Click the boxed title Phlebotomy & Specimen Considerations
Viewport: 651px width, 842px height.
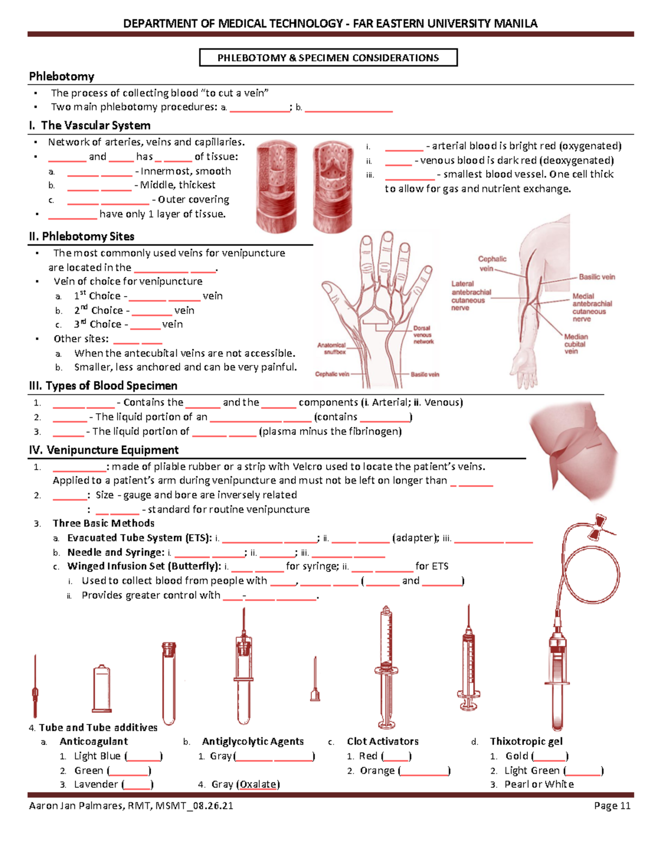pyautogui.click(x=328, y=57)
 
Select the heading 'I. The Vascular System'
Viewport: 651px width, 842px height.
pyautogui.click(x=90, y=125)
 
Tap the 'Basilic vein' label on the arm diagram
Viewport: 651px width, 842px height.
pyautogui.click(x=596, y=277)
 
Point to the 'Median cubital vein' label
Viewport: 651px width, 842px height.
pyautogui.click(x=575, y=344)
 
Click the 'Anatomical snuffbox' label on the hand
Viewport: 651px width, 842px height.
pyautogui.click(x=331, y=349)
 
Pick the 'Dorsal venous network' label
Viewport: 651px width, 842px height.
pyautogui.click(x=423, y=335)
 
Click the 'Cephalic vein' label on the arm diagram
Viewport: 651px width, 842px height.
pyautogui.click(x=492, y=263)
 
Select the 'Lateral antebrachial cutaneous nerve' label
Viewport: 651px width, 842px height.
pyautogui.click(x=471, y=295)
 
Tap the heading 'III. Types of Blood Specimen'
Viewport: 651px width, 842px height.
pyautogui.click(x=103, y=385)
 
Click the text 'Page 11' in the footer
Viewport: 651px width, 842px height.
pyautogui.click(x=612, y=806)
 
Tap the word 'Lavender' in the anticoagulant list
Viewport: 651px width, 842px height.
pyautogui.click(x=96, y=784)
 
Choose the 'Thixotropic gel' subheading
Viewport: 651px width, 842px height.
pyautogui.click(x=526, y=741)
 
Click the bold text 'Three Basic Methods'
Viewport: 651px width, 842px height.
pyautogui.click(x=103, y=523)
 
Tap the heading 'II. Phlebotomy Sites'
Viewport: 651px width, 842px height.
pyautogui.click(x=81, y=236)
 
